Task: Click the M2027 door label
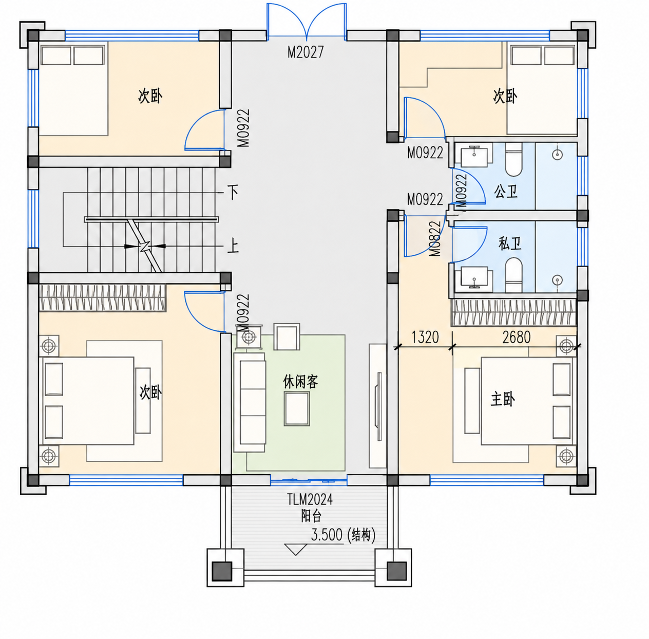306,52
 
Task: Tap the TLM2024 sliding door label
310,499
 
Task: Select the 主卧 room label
503,400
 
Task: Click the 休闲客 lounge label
300,382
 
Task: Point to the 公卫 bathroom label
506,192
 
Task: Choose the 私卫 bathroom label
509,243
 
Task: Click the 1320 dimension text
425,337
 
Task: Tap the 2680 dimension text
517,337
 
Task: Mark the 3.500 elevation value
327,535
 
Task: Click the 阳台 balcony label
311,516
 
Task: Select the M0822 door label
435,239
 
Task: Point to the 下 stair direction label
233,192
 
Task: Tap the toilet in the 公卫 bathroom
513,159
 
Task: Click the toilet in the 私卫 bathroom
513,275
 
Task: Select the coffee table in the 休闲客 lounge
296,408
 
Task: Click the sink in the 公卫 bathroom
474,155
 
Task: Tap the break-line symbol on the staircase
145,246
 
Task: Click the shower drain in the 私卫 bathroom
558,280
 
